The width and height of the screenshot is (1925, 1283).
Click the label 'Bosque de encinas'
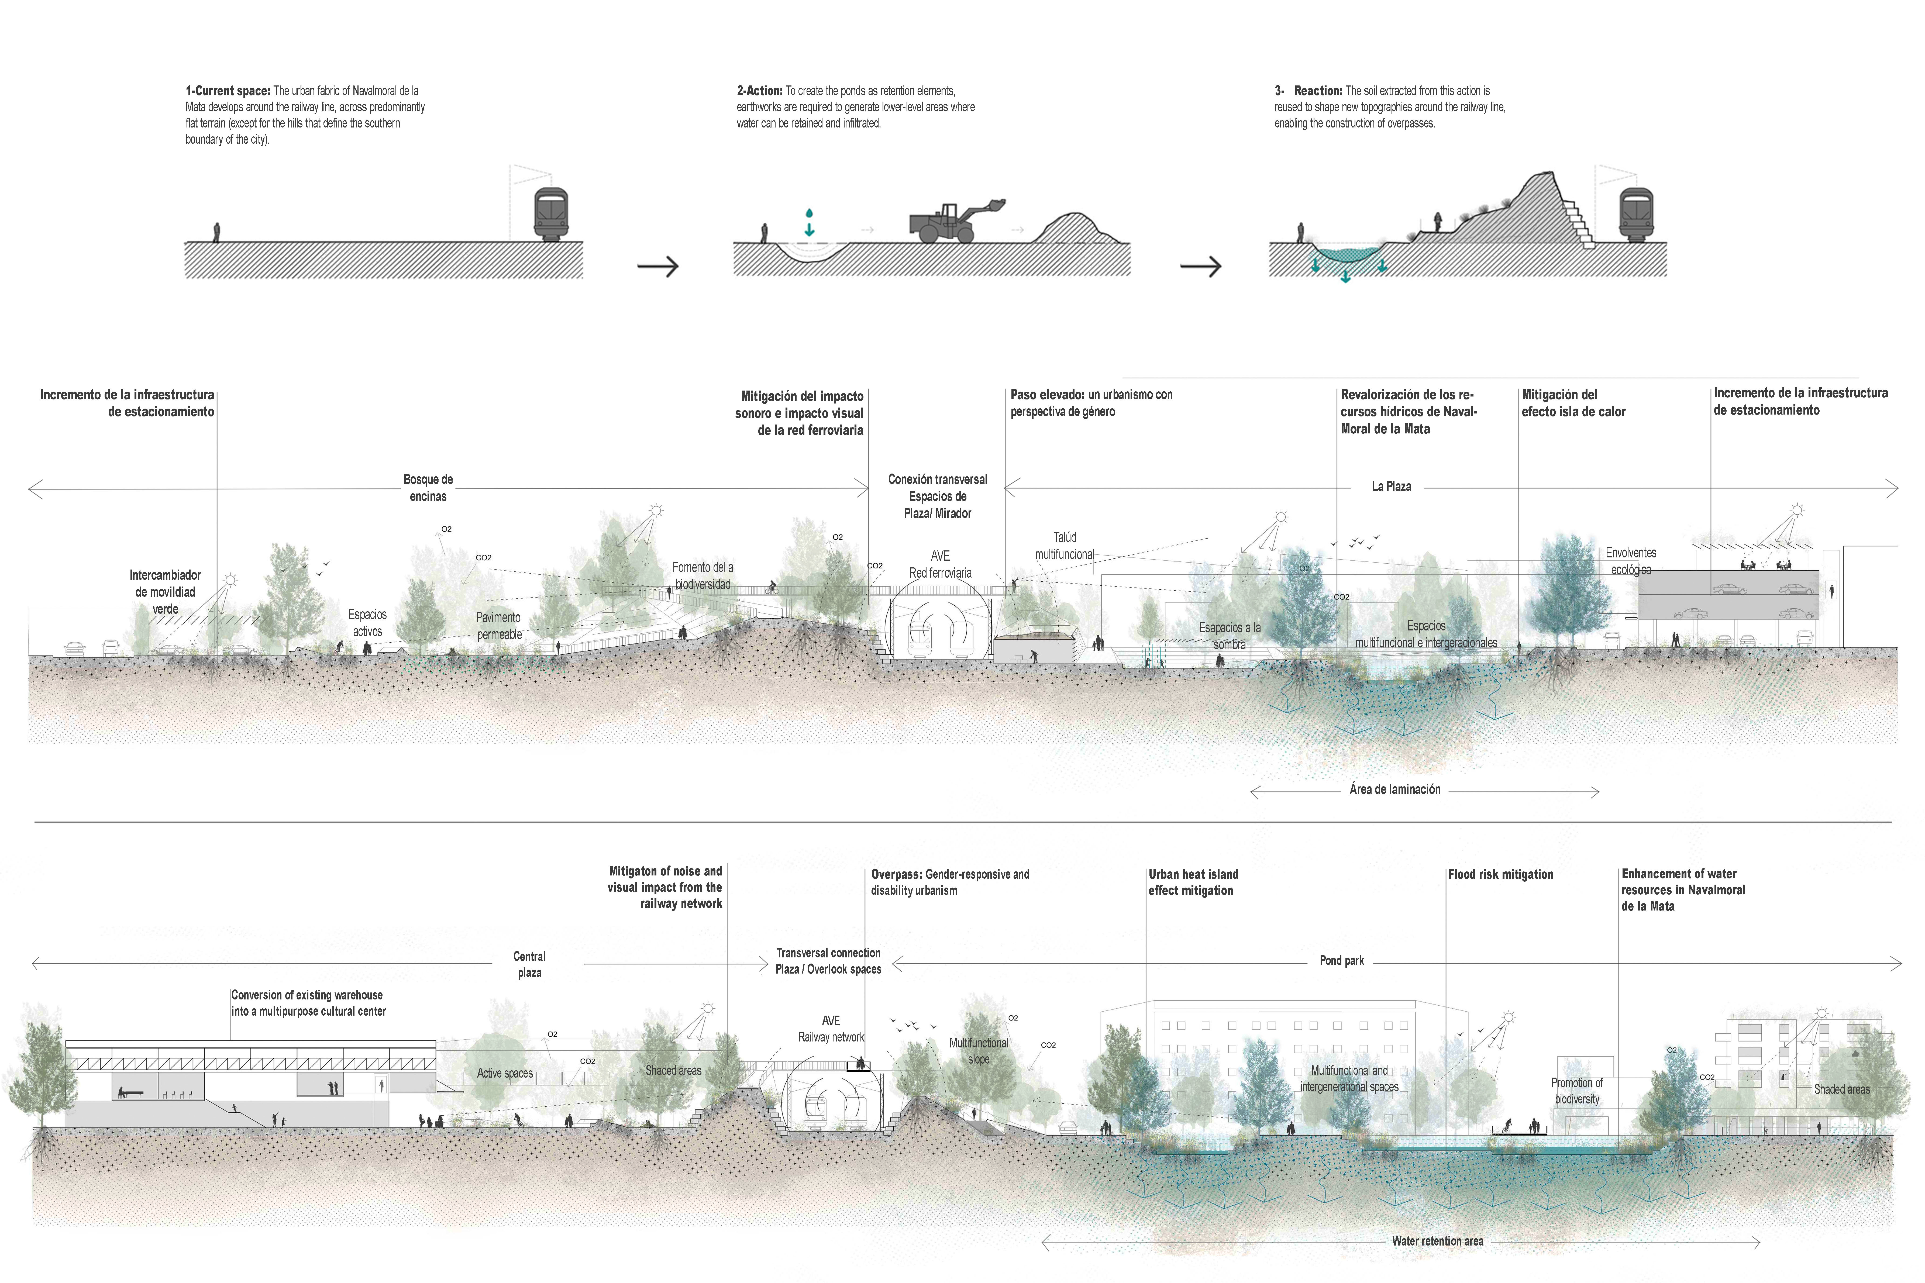click(x=428, y=488)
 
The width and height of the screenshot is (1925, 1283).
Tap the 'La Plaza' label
click(x=1391, y=486)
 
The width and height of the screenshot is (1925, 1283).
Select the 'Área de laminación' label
click(x=1395, y=789)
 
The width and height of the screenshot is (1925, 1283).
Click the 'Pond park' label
click(x=1342, y=961)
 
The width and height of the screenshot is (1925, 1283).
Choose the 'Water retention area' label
click(x=1437, y=1241)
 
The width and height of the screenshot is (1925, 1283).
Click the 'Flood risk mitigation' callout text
click(x=1500, y=874)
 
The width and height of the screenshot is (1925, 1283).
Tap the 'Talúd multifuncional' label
click(x=1064, y=546)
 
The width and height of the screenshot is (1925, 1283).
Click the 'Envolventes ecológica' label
click(x=1630, y=561)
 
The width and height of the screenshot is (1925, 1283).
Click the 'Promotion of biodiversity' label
click(x=1576, y=1091)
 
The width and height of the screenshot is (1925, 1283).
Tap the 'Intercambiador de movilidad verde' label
click(x=165, y=592)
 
